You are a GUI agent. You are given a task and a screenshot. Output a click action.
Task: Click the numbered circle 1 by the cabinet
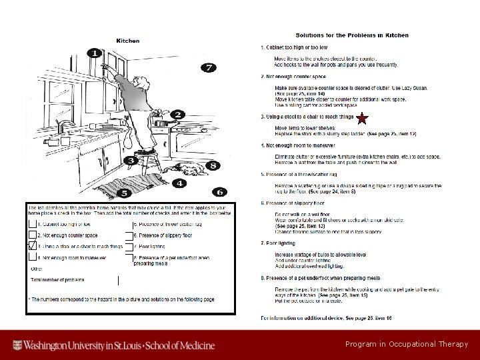(95, 53)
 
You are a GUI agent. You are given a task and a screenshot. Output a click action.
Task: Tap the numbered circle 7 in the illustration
(209, 67)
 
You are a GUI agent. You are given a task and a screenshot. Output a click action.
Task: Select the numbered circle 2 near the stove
(177, 115)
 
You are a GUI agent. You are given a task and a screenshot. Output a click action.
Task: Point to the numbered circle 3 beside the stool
(131, 160)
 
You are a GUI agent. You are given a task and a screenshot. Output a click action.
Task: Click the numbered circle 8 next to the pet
(212, 165)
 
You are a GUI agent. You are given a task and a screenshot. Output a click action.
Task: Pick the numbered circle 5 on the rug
(124, 193)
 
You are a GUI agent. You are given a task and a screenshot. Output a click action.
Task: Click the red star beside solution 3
(361, 119)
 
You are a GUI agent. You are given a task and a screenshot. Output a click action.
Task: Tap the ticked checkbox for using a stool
(33, 246)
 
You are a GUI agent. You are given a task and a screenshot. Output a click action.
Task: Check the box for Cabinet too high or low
(33, 224)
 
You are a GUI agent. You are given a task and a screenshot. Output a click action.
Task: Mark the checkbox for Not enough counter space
(33, 235)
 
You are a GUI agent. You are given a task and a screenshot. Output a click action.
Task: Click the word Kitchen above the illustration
(128, 40)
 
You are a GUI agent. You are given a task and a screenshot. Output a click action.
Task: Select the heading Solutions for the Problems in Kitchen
(352, 35)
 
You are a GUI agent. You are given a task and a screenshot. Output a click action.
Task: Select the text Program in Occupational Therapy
(407, 345)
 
